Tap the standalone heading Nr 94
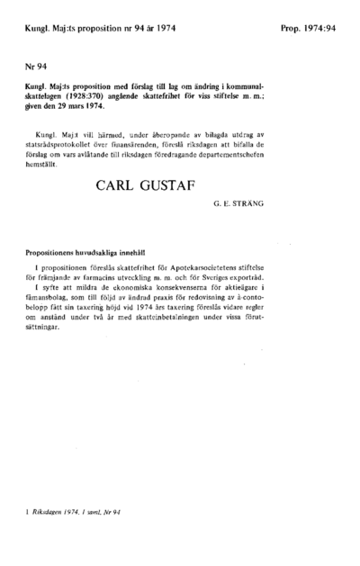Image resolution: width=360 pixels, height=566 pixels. click(x=34, y=67)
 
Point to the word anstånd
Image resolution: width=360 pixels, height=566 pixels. click(x=70, y=319)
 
